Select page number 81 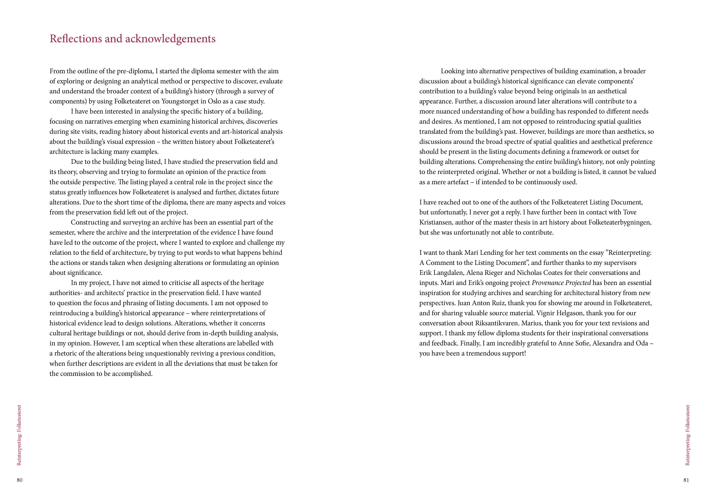pyautogui.click(x=686, y=480)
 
